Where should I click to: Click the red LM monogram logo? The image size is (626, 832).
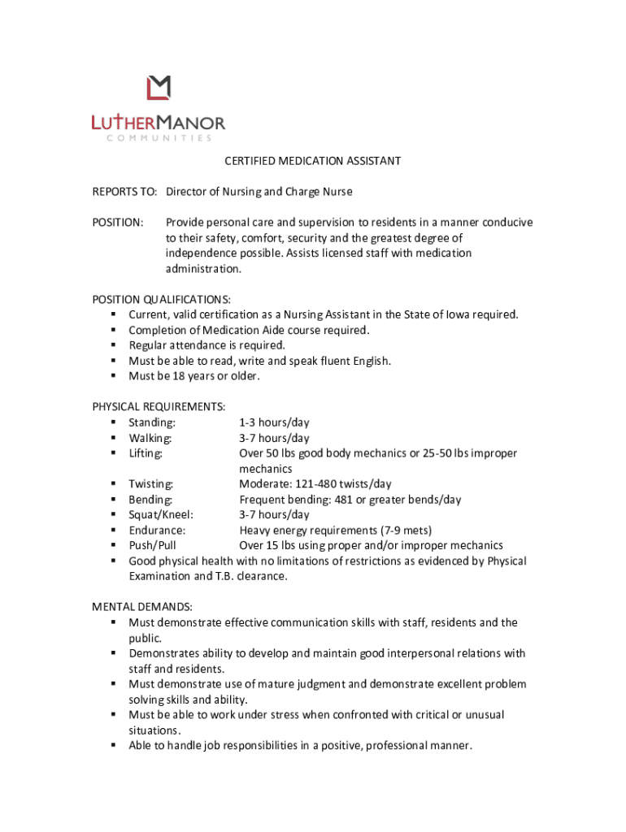tap(159, 89)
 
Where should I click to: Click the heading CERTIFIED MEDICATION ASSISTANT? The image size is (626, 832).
tap(313, 161)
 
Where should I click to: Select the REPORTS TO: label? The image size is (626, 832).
tap(124, 192)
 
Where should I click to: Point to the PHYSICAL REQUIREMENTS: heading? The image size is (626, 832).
tap(159, 407)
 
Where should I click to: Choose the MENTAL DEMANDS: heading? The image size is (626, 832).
tap(142, 607)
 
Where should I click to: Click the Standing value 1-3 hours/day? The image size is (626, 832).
tap(274, 422)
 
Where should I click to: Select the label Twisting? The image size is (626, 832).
tap(151, 484)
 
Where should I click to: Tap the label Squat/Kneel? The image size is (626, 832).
tap(161, 514)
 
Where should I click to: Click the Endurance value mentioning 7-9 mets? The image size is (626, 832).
tap(335, 530)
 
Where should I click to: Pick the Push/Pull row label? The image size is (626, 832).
tap(152, 545)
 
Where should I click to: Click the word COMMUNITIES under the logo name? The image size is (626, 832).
tap(158, 138)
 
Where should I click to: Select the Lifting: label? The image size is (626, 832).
tap(146, 453)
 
